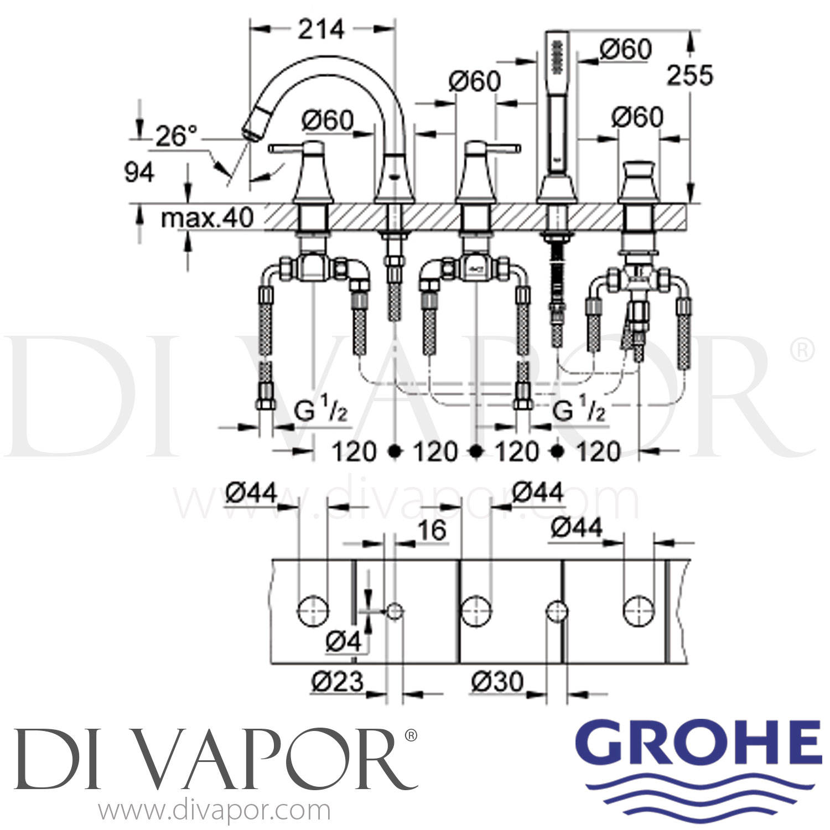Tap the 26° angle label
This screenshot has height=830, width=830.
176,136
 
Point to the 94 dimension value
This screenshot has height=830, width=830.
139,173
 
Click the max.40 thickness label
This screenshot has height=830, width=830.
207,218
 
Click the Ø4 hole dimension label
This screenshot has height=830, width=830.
343,641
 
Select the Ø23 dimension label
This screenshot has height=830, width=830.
338,682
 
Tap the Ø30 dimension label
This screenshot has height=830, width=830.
497,682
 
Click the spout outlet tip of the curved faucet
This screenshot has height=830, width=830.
251,132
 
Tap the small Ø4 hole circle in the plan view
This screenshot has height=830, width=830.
395,611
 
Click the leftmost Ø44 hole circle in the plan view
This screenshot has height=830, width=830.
313,611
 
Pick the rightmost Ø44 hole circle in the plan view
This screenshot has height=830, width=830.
639,611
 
